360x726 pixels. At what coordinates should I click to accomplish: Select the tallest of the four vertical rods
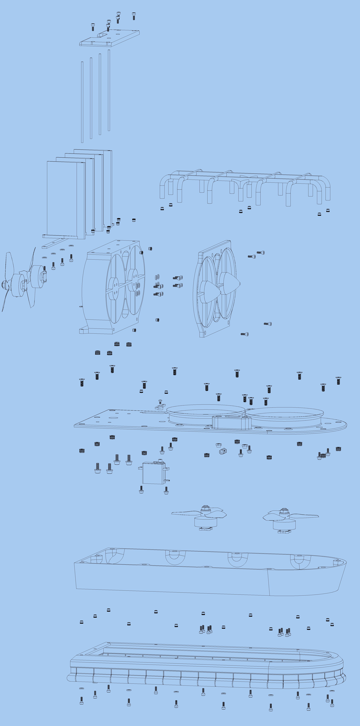coord(109,90)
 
